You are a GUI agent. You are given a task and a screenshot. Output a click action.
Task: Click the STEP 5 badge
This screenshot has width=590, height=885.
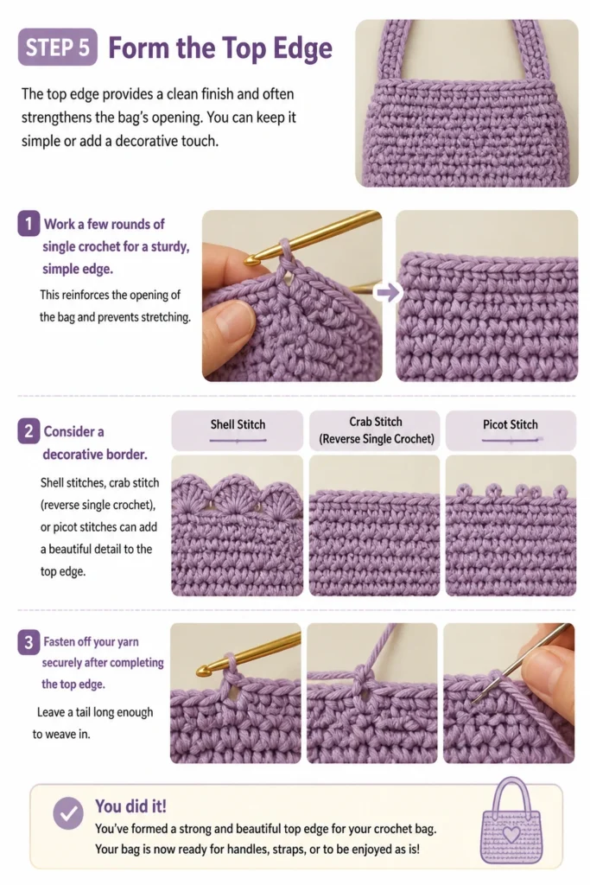(x=58, y=48)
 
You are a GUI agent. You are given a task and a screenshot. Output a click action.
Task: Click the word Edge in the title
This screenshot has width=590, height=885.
(x=302, y=48)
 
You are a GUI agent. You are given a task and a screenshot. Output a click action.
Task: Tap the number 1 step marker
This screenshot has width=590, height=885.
(x=29, y=224)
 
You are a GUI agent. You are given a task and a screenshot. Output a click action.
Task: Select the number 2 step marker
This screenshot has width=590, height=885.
(x=29, y=431)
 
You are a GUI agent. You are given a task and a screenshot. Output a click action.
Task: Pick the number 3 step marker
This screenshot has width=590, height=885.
(x=29, y=642)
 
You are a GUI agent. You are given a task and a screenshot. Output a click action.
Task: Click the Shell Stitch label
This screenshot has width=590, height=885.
(x=238, y=424)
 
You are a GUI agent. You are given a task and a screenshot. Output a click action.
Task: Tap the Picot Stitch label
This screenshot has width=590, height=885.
(x=510, y=424)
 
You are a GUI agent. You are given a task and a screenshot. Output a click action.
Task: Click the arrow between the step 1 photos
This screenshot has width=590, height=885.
(x=388, y=292)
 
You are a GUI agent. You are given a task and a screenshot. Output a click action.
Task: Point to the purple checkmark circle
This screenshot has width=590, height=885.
(x=68, y=813)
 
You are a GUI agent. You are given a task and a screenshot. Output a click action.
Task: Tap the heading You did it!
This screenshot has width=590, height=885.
(x=130, y=806)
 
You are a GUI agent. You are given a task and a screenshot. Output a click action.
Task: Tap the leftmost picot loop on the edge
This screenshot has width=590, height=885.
(x=463, y=490)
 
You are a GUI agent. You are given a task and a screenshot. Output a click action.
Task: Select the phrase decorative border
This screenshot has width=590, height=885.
(x=95, y=455)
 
